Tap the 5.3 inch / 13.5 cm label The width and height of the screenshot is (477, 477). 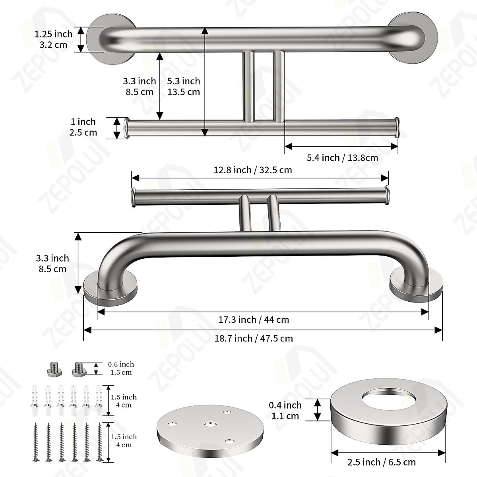point(183,86)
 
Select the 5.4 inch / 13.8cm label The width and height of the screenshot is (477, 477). point(342,158)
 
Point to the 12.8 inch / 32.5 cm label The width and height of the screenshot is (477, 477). point(253,170)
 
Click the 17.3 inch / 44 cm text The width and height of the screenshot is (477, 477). point(254,320)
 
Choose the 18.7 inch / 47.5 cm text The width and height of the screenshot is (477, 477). point(254,338)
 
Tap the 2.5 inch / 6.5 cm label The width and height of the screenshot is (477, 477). point(382,462)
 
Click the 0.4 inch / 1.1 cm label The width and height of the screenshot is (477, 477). point(285,411)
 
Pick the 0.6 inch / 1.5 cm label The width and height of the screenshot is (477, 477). point(121,368)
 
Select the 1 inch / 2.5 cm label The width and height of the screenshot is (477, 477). point(83,127)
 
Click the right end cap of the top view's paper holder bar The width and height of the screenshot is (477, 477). point(396,128)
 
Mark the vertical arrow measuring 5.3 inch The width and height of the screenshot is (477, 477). point(204,81)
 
